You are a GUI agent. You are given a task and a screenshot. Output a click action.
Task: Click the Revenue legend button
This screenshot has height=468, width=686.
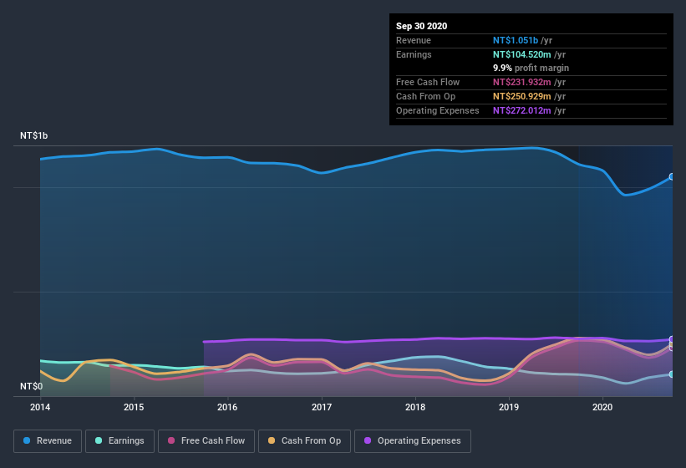[x=48, y=440]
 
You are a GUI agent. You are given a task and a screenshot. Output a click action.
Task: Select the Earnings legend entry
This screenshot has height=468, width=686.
[x=119, y=440]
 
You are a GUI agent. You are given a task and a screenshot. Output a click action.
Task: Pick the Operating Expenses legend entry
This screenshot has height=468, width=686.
[x=412, y=440]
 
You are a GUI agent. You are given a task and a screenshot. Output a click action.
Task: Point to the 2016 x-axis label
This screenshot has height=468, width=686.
[x=227, y=407]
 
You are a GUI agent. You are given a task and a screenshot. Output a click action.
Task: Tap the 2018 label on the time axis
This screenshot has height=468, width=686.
[x=415, y=407]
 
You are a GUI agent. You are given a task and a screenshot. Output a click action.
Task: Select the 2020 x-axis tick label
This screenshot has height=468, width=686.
[x=602, y=407]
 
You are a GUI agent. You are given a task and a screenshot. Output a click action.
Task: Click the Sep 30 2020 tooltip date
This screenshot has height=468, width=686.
[x=422, y=26]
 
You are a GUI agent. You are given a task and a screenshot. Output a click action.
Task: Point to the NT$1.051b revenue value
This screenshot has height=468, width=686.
[x=516, y=40]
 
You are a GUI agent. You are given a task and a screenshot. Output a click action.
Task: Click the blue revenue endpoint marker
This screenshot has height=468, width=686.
[x=672, y=177]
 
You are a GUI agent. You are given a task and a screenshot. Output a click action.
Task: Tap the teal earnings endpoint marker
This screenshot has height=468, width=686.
[x=672, y=374]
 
